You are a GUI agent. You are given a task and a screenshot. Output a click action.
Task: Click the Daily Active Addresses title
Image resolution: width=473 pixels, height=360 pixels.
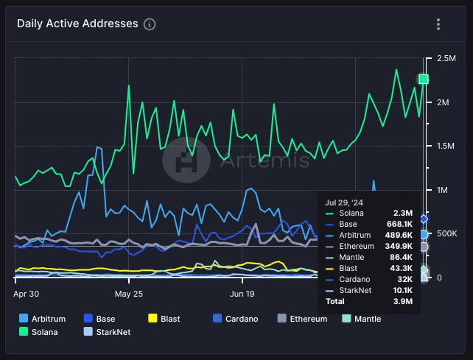(77, 24)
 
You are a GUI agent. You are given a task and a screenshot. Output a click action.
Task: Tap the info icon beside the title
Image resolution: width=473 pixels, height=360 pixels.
(150, 24)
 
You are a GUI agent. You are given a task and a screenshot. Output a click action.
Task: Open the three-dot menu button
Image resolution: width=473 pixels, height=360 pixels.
(438, 24)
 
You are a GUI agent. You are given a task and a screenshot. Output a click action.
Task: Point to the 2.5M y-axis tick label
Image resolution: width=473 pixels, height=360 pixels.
(446, 58)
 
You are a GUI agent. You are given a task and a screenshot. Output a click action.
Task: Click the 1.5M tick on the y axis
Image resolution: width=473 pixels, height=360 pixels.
(446, 146)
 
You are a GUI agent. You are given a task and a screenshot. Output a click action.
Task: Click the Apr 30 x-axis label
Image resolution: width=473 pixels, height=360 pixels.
(26, 292)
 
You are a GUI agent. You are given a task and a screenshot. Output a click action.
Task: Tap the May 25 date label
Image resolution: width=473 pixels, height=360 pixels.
(129, 292)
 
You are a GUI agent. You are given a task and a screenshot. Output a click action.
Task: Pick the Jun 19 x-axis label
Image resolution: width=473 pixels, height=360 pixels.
(242, 292)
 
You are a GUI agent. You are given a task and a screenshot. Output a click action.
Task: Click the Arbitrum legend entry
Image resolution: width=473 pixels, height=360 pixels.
(43, 319)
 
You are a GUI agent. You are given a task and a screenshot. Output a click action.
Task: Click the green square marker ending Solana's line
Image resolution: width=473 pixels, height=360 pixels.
(424, 80)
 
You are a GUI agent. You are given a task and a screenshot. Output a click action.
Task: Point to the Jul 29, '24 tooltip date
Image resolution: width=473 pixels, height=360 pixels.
(345, 201)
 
